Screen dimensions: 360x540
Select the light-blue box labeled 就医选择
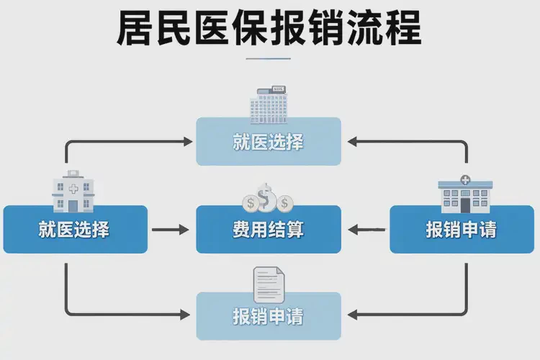tap(269, 141)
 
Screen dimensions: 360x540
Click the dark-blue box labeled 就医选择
tap(75, 230)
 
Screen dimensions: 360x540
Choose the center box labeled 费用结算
tap(269, 230)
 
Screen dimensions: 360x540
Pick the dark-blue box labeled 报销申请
tap(461, 230)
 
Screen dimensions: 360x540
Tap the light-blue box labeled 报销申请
tap(269, 315)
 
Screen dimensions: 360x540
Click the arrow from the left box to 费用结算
tap(170, 230)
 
